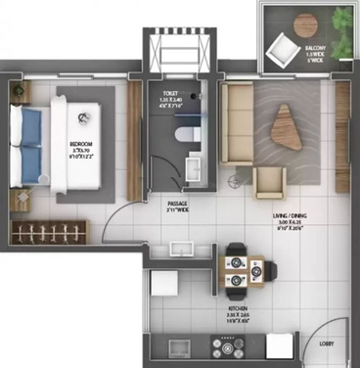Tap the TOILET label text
pos(173,95)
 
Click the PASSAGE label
pos(177,205)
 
